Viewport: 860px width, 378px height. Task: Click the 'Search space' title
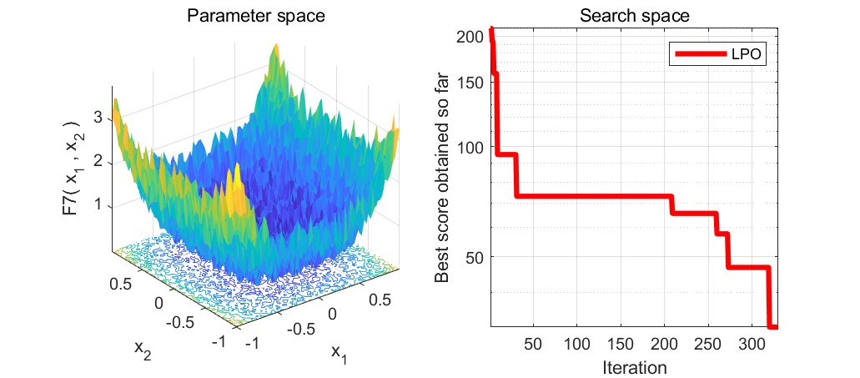pyautogui.click(x=633, y=15)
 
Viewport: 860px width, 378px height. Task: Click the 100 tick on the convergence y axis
pyautogui.click(x=472, y=147)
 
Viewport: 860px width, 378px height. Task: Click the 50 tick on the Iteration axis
pyautogui.click(x=534, y=344)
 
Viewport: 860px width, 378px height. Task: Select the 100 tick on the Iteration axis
pyautogui.click(x=577, y=344)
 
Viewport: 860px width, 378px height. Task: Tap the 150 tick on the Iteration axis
pyautogui.click(x=621, y=344)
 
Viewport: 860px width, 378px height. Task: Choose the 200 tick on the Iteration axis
pyautogui.click(x=664, y=344)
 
